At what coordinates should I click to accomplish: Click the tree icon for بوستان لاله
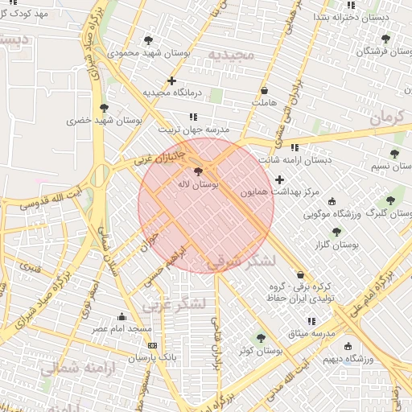pos(199,171)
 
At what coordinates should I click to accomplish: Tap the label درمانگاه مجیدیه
pos(171,93)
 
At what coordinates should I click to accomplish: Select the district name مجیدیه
pos(231,55)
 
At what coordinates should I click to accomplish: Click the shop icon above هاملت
pos(265,90)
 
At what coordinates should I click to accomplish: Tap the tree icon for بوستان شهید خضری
pos(103,108)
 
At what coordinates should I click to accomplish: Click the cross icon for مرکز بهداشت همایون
pos(279,179)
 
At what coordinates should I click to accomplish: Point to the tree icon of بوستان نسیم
pos(394,154)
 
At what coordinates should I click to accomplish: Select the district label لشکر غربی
pos(175,304)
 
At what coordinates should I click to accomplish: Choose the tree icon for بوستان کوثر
pos(260,339)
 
